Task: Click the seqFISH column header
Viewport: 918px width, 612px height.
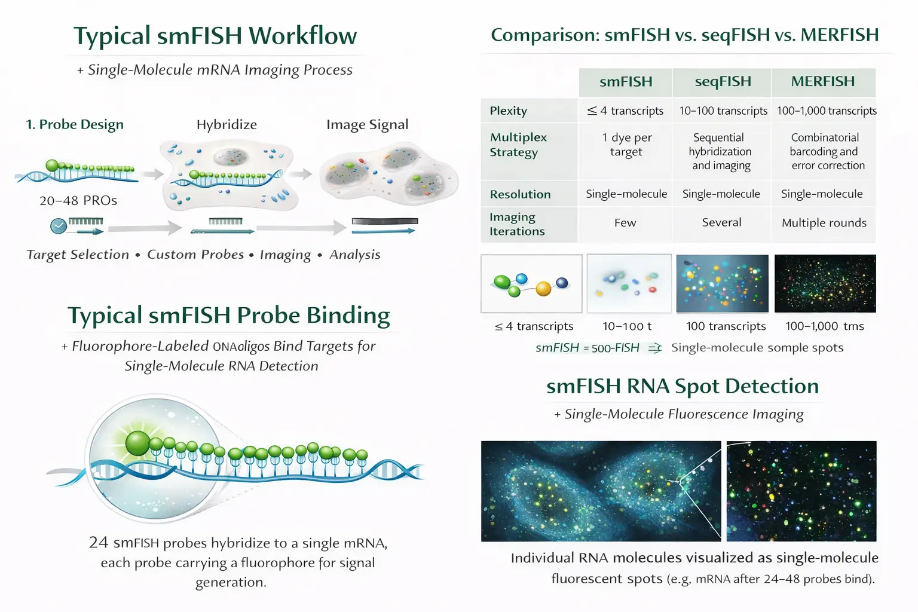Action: (x=722, y=82)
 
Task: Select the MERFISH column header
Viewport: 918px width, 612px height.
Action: (x=822, y=82)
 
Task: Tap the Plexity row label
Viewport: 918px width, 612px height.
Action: (x=509, y=111)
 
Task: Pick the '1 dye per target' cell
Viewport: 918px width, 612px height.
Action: (x=626, y=145)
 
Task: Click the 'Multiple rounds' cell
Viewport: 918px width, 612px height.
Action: (x=824, y=223)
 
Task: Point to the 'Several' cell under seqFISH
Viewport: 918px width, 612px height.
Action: (x=721, y=222)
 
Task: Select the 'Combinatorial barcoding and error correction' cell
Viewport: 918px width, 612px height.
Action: (x=825, y=151)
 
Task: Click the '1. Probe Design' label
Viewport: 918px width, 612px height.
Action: (x=75, y=124)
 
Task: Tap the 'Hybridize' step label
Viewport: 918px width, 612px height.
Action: (x=227, y=124)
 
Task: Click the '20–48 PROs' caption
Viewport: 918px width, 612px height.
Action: (x=78, y=200)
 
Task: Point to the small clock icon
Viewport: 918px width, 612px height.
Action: (x=59, y=226)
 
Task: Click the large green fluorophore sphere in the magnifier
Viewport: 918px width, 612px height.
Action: (x=138, y=443)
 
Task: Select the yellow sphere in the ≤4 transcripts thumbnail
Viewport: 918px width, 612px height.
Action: (x=543, y=289)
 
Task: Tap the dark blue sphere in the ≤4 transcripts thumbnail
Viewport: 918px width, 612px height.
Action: (x=562, y=283)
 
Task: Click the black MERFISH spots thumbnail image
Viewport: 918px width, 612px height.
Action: (x=825, y=283)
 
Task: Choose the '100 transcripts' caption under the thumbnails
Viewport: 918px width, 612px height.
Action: (x=726, y=326)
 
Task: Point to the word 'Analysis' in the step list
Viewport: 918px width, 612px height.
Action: (x=355, y=255)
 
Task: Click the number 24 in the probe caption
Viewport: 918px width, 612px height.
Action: (x=99, y=543)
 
